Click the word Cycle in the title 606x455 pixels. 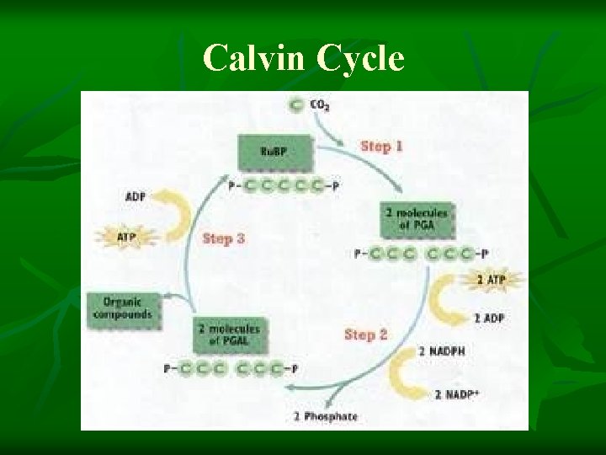pos(359,59)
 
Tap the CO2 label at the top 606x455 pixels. pos(320,105)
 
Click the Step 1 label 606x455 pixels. pos(381,146)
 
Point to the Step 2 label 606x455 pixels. pos(365,335)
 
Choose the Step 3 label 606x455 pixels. pos(223,238)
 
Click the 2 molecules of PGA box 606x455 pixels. pos(416,218)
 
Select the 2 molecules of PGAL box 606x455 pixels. pos(228,335)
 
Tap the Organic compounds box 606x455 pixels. pos(123,308)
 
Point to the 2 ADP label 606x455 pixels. pos(489,318)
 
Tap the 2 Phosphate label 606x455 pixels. pos(326,416)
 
